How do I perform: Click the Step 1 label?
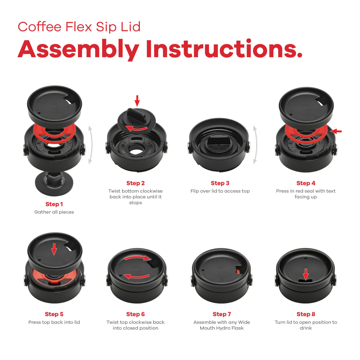point(54,204)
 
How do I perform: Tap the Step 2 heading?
point(136,183)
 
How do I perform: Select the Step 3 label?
point(220,183)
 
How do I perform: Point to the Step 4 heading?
point(306,183)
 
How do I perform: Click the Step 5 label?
point(54,314)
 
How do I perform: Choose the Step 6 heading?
point(136,314)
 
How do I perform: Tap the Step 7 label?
point(222,314)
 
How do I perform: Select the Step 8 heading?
point(306,314)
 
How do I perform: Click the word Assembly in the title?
point(79,50)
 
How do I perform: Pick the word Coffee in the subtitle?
point(39,27)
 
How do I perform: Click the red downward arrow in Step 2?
point(137,101)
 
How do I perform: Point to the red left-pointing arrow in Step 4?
point(336,131)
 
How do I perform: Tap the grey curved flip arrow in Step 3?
point(255,145)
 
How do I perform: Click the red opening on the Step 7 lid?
point(238,270)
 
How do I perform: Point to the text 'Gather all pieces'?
point(54,212)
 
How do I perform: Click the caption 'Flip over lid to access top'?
point(220,191)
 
